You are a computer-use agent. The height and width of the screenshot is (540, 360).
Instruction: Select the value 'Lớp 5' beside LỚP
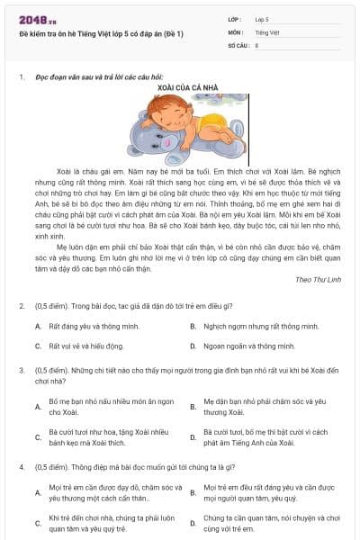pyautogui.click(x=262, y=19)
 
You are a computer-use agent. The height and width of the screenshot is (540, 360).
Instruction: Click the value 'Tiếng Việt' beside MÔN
pyautogui.click(x=266, y=31)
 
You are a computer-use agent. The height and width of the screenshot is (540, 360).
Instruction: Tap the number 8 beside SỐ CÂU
pyautogui.click(x=256, y=44)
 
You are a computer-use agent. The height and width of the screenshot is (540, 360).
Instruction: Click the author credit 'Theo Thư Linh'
pyautogui.click(x=318, y=280)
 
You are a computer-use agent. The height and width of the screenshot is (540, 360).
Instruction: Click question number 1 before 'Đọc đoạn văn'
pyautogui.click(x=21, y=77)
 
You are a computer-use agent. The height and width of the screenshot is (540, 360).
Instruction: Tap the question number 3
pyautogui.click(x=21, y=369)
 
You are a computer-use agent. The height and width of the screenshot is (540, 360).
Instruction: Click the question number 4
pyautogui.click(x=21, y=468)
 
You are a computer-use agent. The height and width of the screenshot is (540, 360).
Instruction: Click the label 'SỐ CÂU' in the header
pyautogui.click(x=238, y=44)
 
